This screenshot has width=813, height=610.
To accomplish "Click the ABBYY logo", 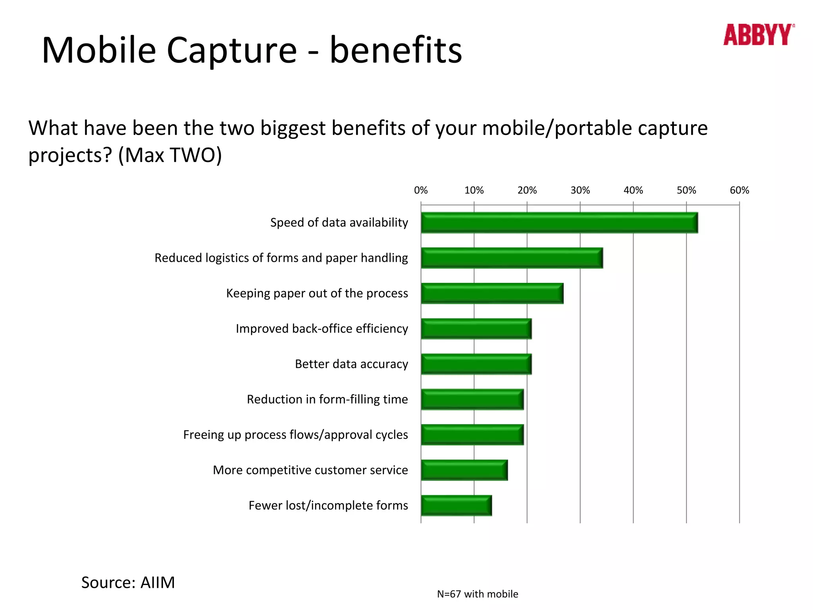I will (758, 35).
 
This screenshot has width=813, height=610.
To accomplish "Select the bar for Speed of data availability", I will (559, 223).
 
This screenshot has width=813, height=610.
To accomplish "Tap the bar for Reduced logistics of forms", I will (512, 258).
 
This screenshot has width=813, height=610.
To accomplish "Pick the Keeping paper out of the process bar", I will (492, 293).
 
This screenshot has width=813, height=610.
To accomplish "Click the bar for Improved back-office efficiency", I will (476, 329).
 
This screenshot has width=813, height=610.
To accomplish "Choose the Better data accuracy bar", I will (476, 364).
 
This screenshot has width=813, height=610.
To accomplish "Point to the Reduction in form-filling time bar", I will (472, 400).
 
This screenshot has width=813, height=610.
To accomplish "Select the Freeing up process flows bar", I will (472, 435).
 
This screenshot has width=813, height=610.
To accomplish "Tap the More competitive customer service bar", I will (464, 470).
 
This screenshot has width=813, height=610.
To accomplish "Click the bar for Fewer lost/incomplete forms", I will (456, 506).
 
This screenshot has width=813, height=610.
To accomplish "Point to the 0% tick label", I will (421, 191).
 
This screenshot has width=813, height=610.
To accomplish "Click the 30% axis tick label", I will (580, 191).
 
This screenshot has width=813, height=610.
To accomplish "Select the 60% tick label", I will (739, 191).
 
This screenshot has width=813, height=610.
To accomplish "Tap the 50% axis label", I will (686, 191).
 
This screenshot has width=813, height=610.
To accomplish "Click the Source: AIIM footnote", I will (128, 583).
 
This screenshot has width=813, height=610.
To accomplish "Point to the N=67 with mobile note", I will (478, 594).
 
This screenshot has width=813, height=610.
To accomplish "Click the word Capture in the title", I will (231, 51).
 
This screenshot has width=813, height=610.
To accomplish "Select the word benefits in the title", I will (396, 51).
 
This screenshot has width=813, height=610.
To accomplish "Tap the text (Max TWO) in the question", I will (170, 155).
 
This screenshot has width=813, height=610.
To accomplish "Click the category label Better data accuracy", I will (351, 364).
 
